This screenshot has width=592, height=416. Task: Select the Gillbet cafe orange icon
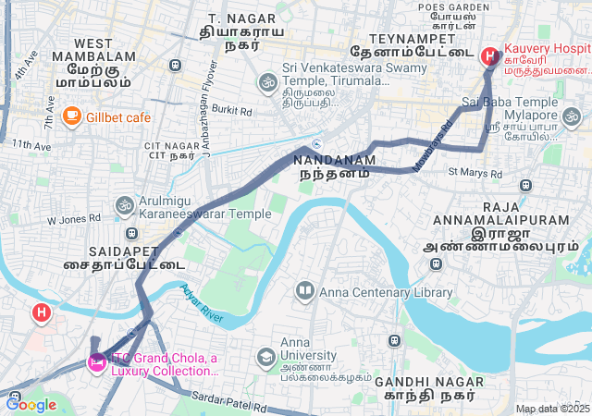coord(71,116)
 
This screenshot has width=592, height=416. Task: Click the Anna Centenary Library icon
coord(304,292)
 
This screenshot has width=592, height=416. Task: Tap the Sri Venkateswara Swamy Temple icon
coord(267,81)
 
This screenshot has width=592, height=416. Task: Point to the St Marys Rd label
coord(474,172)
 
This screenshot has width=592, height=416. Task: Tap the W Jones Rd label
coord(74,218)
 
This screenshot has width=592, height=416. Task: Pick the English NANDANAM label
coord(335,160)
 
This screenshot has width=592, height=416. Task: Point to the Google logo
coord(31,404)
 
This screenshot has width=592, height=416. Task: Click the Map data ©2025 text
coord(552,409)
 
